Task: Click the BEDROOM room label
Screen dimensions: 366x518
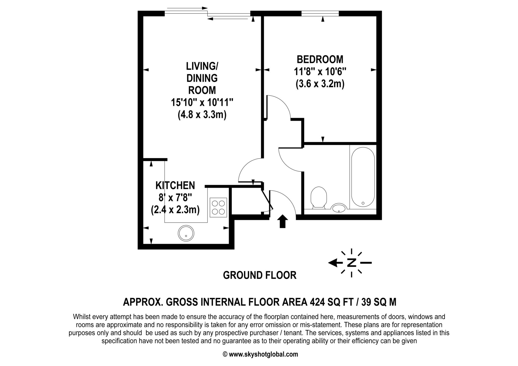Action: pyautogui.click(x=320, y=60)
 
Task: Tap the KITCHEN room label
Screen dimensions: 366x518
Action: pyautogui.click(x=175, y=186)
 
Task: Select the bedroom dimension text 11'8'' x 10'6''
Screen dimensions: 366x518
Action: pyautogui.click(x=320, y=72)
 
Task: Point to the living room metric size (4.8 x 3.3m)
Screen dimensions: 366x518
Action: pyautogui.click(x=202, y=115)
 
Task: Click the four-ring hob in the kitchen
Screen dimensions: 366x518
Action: pyautogui.click(x=218, y=207)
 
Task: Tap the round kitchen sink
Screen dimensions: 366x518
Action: pyautogui.click(x=186, y=233)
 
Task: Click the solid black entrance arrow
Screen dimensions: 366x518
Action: pyautogui.click(x=282, y=221)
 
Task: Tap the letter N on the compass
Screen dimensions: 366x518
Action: pyautogui.click(x=351, y=263)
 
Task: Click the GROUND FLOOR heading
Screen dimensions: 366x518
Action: pyautogui.click(x=260, y=275)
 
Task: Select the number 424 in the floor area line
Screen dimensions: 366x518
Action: pyautogui.click(x=317, y=302)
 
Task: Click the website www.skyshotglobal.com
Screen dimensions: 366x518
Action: pyautogui.click(x=263, y=354)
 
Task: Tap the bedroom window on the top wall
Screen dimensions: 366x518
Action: pyautogui.click(x=320, y=14)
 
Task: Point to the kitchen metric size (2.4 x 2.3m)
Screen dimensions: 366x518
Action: pyautogui.click(x=175, y=210)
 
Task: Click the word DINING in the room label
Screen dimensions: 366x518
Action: pyautogui.click(x=202, y=78)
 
